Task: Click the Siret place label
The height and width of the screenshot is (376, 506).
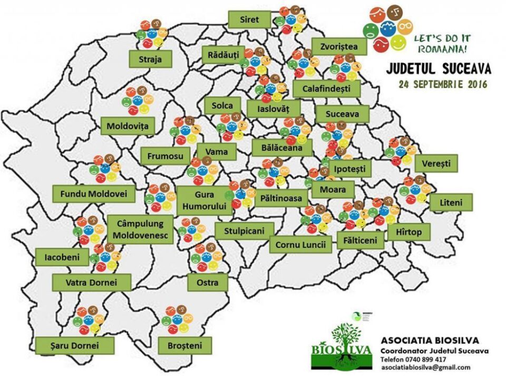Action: pyautogui.click(x=249, y=20)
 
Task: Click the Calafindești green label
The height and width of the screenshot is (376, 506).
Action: pyautogui.click(x=326, y=89)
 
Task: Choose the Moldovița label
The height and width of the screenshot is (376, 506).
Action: pyautogui.click(x=128, y=126)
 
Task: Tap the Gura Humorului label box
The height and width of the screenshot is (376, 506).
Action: pyautogui.click(x=205, y=200)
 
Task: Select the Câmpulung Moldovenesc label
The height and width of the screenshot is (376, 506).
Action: pyautogui.click(x=140, y=229)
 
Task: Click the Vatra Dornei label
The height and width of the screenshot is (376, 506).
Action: pyautogui.click(x=91, y=282)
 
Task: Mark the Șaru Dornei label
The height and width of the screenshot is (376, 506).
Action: pyautogui.click(x=67, y=345)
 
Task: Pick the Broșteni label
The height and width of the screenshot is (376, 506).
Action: pyautogui.click(x=184, y=345)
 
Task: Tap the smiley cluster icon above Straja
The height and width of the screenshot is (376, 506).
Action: pyautogui.click(x=151, y=33)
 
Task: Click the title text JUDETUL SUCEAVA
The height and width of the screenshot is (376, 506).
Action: pyautogui.click(x=439, y=69)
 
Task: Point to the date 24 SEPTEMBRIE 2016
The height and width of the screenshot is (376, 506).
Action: pyautogui.click(x=443, y=84)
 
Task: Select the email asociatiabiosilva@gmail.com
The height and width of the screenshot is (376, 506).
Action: pyautogui.click(x=425, y=367)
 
